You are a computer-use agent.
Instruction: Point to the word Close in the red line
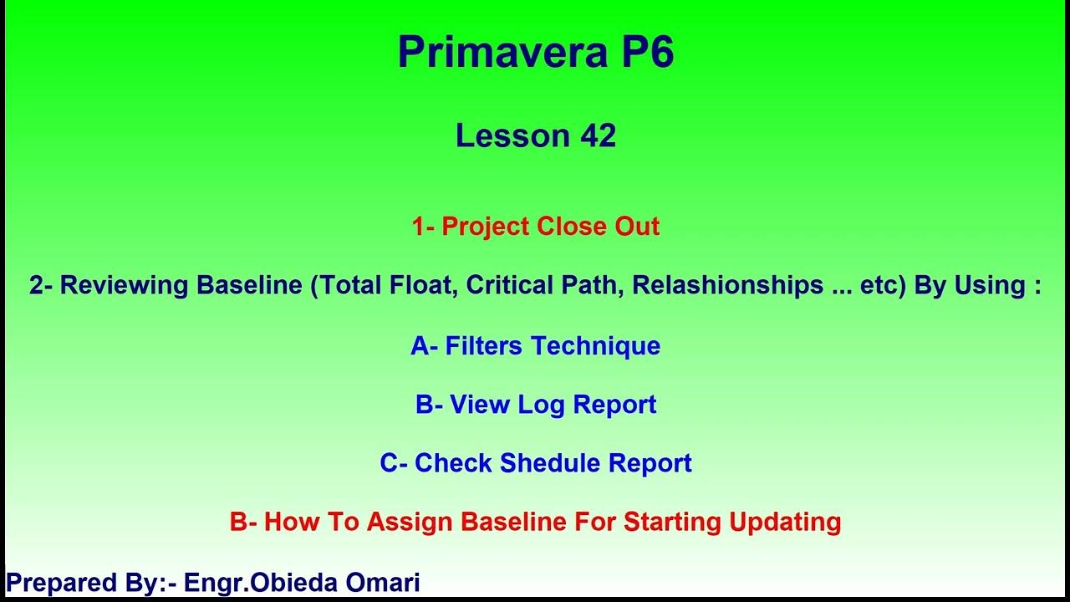(x=566, y=227)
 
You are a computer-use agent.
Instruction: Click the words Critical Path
(x=545, y=285)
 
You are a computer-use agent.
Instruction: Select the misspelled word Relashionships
(x=727, y=285)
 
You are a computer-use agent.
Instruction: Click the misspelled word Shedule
(x=551, y=463)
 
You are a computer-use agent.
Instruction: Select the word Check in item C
(x=453, y=463)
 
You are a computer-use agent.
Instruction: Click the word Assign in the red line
(x=410, y=522)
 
